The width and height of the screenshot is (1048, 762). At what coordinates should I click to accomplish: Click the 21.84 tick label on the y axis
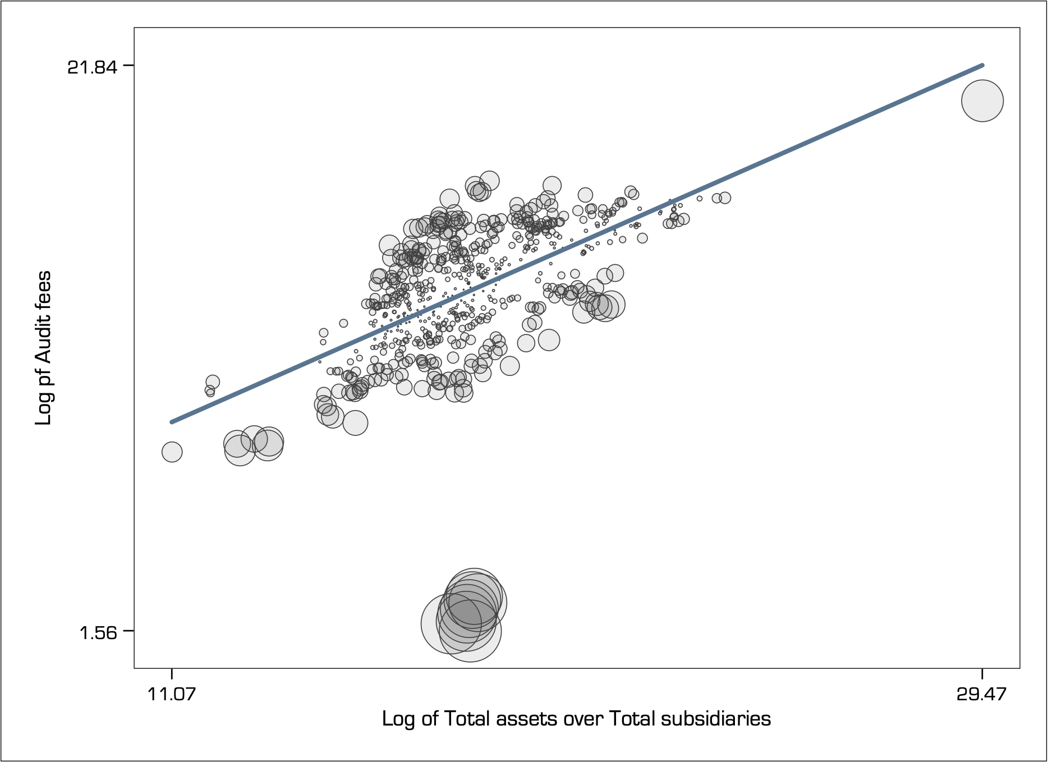(x=93, y=67)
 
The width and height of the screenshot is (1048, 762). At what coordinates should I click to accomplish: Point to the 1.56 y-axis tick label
(x=98, y=632)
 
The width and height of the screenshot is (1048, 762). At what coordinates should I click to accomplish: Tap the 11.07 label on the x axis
(x=172, y=694)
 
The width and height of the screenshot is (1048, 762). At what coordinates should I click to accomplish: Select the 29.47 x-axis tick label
(x=982, y=694)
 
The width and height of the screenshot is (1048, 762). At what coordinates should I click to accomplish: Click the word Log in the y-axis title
(x=43, y=410)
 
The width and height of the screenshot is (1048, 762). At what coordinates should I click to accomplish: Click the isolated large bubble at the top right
(x=982, y=101)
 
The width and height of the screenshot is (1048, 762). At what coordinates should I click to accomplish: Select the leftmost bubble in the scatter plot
(x=172, y=452)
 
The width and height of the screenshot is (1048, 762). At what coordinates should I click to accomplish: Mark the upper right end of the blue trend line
(x=982, y=66)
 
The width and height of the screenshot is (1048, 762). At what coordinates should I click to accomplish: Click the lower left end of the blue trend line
(x=172, y=421)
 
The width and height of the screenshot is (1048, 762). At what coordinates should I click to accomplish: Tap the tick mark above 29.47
(x=982, y=674)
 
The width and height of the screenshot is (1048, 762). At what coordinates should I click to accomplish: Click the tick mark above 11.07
(x=172, y=674)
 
